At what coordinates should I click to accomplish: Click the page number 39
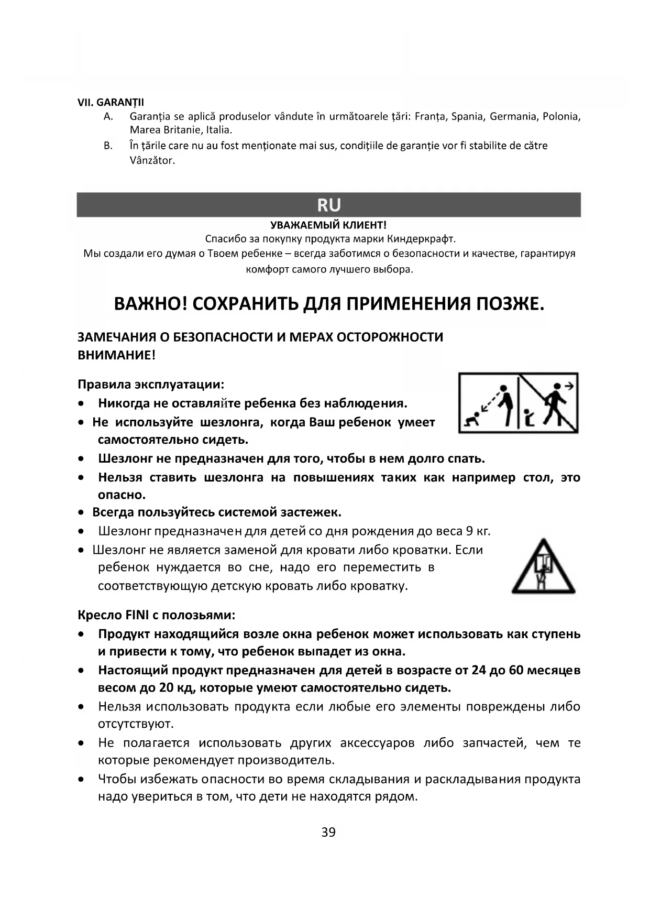328,832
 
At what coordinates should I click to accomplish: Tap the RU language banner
328,205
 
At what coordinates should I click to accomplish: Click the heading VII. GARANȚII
111,102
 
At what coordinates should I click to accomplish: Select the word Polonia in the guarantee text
561,116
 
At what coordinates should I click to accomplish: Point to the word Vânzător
152,160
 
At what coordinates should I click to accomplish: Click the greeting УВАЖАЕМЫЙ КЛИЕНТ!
328,225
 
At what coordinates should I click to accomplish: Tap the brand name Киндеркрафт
423,239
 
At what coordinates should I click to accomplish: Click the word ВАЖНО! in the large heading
150,304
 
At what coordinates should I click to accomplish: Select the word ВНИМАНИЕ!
116,355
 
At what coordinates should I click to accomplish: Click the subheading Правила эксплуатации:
151,385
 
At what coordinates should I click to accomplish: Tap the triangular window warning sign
543,567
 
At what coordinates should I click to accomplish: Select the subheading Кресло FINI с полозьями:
157,615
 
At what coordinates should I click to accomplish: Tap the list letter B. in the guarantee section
108,146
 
